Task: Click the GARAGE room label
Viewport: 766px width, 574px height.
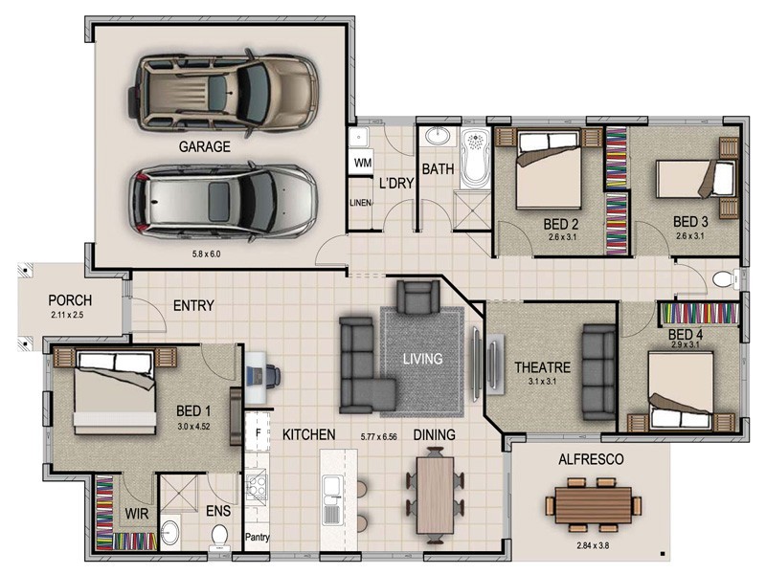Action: pos(204,147)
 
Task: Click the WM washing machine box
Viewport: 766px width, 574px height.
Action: pos(362,164)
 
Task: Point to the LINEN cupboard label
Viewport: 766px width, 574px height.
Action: pos(361,203)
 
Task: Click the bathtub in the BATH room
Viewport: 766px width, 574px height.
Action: pos(474,160)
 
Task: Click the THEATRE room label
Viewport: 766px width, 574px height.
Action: pos(542,367)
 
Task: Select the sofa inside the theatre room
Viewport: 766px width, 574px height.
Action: pos(599,371)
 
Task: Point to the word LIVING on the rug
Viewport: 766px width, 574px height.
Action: pos(422,360)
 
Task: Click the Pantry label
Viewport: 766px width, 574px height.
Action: pos(258,538)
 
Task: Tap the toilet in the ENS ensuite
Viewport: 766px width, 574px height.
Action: pos(219,533)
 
